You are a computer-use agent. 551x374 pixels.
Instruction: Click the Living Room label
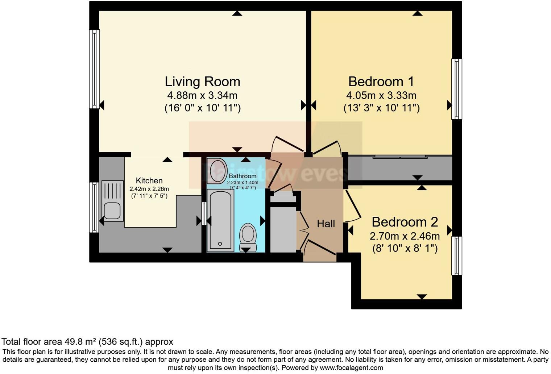point(202,82)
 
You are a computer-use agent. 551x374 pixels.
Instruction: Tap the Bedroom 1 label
point(381,82)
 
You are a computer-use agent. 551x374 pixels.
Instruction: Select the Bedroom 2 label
point(405,222)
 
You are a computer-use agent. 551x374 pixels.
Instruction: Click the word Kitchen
point(149,180)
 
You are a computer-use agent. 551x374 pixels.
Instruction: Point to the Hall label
point(326,224)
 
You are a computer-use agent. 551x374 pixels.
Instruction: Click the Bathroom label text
point(243,176)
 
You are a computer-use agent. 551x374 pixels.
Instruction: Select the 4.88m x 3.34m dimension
point(202,96)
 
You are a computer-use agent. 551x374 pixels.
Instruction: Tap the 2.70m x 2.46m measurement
point(405,236)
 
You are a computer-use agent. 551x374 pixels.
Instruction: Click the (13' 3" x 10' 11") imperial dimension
point(381,108)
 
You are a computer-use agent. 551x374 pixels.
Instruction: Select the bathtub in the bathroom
point(220,220)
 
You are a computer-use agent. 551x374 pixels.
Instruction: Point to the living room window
point(94,69)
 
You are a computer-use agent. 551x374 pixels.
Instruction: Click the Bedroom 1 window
point(456,89)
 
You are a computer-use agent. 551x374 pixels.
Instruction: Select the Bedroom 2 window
point(456,256)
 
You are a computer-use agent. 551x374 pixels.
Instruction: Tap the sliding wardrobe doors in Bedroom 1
point(400,157)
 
